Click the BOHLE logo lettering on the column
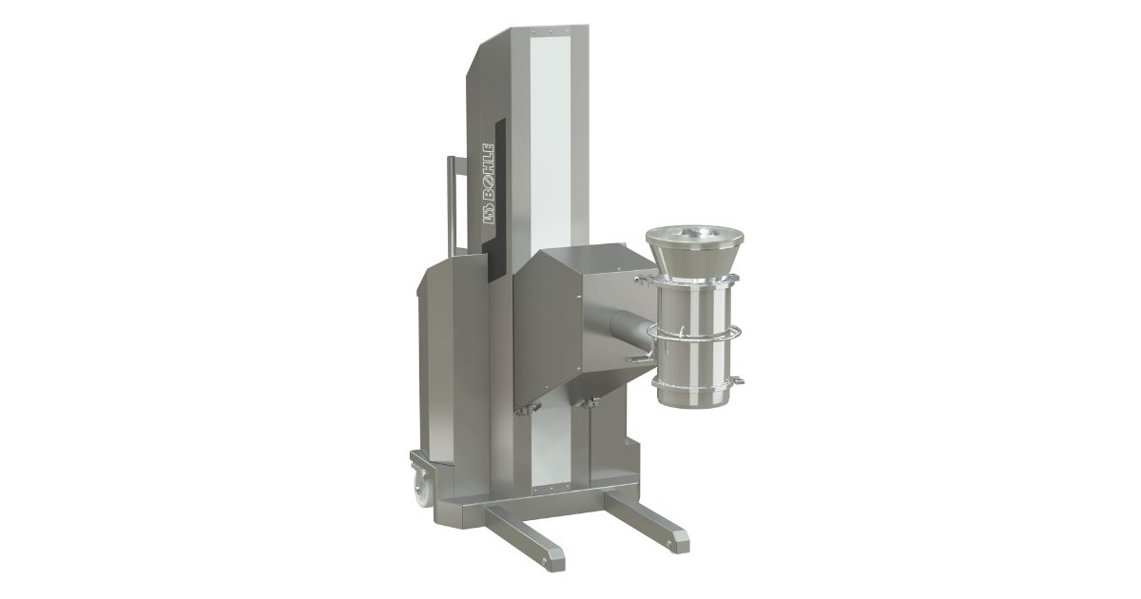coord(488,184)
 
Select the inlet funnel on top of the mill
coord(695,252)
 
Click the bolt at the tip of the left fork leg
coord(545,561)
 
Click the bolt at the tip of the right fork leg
coord(670,546)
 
